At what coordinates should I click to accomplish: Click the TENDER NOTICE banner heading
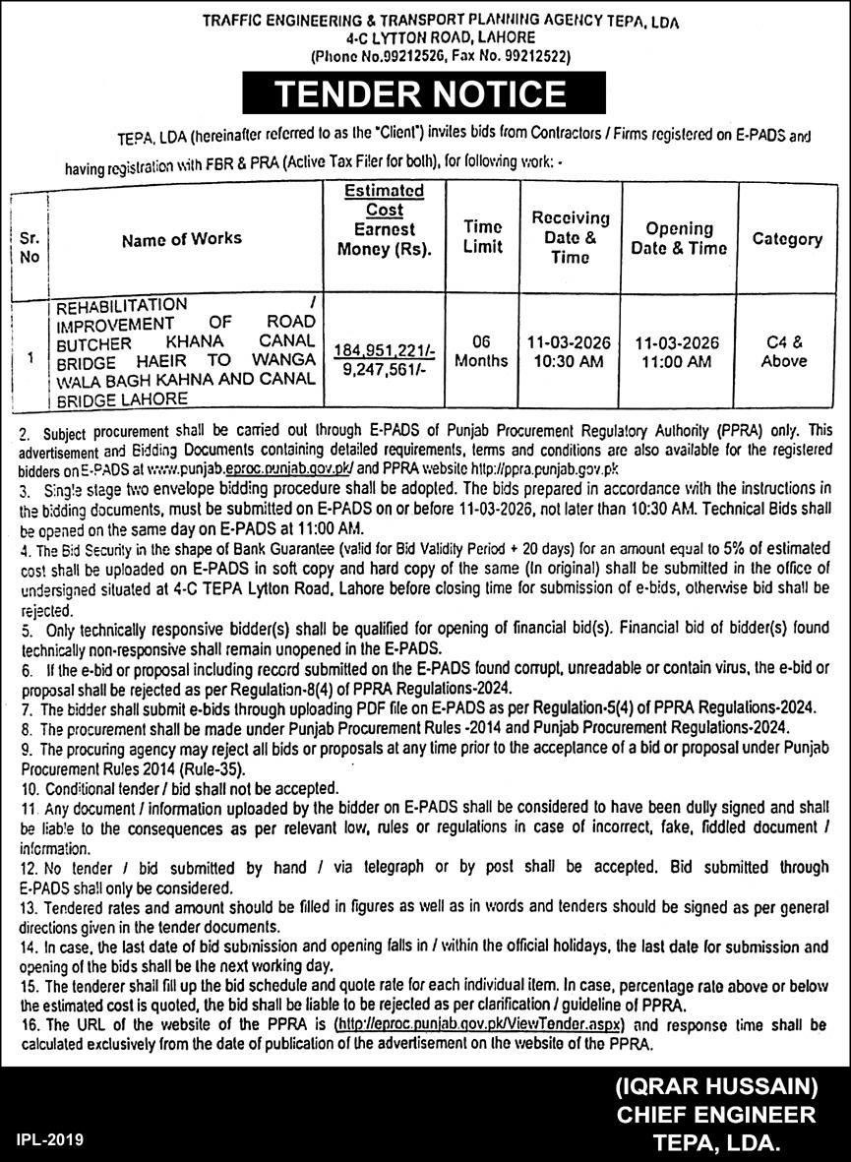[x=420, y=94]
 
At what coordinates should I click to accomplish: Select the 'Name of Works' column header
[x=182, y=238]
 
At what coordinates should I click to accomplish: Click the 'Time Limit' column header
[x=482, y=236]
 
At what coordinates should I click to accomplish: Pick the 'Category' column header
[x=786, y=238]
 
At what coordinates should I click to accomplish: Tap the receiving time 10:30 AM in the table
[x=569, y=361]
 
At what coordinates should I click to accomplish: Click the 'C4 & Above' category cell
[x=784, y=351]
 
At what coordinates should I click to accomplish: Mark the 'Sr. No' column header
[x=30, y=247]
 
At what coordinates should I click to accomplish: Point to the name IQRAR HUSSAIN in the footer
[x=717, y=1087]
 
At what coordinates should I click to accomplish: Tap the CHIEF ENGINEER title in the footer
[x=715, y=1115]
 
